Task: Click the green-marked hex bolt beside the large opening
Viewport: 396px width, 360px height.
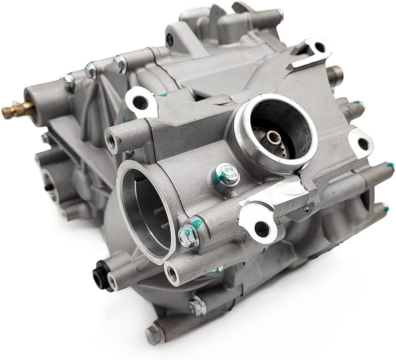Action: [x=188, y=234]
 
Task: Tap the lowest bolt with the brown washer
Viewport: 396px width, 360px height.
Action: [x=153, y=333]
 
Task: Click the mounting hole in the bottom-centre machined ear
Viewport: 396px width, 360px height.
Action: [x=262, y=228]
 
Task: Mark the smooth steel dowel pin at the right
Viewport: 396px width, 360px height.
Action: [x=336, y=72]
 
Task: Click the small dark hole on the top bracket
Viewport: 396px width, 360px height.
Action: [x=169, y=40]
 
